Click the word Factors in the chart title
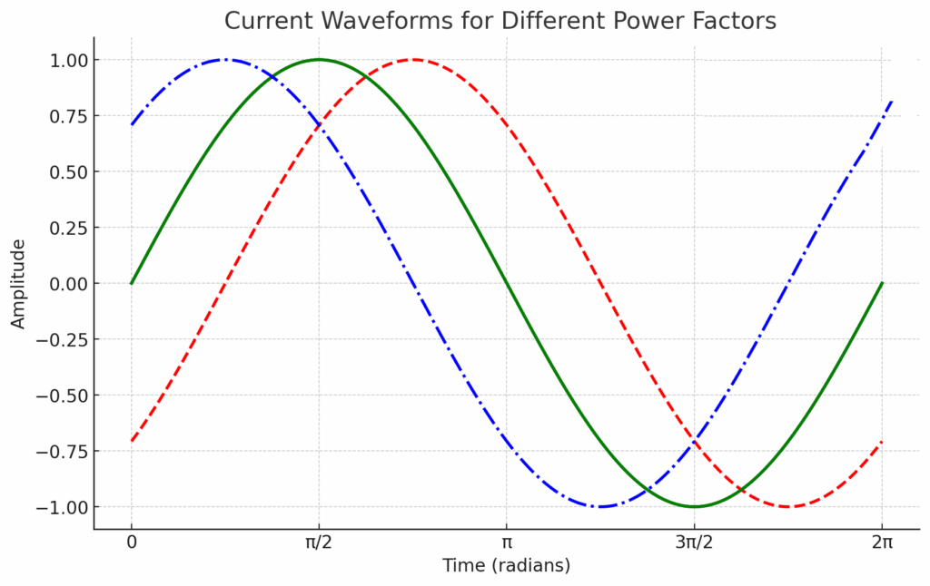733,21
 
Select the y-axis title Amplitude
19,283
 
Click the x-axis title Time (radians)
506,565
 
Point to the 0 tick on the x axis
132,542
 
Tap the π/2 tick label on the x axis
319,542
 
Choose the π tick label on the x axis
507,542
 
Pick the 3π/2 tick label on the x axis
694,542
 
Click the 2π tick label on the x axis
881,542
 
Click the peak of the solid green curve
319,60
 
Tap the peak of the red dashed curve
413,60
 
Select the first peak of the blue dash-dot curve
225,60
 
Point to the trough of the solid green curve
694,506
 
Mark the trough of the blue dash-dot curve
600,506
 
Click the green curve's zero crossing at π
507,283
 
